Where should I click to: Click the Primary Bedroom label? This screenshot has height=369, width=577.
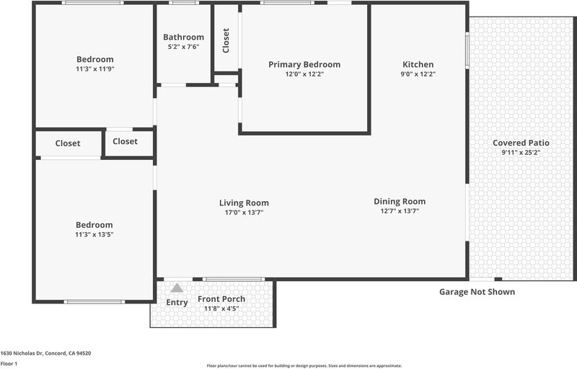304,65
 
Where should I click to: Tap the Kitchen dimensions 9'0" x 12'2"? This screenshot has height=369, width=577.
418,74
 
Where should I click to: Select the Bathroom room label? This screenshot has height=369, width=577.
184,37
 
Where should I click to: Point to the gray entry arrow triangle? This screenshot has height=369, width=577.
177,288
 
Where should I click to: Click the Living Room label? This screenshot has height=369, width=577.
244,203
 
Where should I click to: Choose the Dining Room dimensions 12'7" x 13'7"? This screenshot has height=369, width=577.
400,211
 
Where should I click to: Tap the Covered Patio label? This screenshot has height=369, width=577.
521,143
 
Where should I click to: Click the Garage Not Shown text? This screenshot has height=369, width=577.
477,292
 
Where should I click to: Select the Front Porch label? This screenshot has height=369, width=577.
221,299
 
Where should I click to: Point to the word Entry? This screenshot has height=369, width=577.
177,303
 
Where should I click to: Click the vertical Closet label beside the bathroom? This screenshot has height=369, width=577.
226,40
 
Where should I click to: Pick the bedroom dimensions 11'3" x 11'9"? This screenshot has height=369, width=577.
95,68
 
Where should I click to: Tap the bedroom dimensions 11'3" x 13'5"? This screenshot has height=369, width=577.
94,234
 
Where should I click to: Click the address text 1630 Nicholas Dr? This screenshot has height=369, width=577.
22,353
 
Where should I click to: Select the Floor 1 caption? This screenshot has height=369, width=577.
9,364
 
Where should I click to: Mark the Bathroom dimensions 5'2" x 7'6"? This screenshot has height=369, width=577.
184,47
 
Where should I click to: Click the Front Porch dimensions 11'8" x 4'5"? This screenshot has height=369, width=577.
221,308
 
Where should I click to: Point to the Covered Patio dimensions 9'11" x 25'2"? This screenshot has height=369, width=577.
521,153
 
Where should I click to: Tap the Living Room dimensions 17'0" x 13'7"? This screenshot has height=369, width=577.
244,213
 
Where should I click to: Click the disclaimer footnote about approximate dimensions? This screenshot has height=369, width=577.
304,365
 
